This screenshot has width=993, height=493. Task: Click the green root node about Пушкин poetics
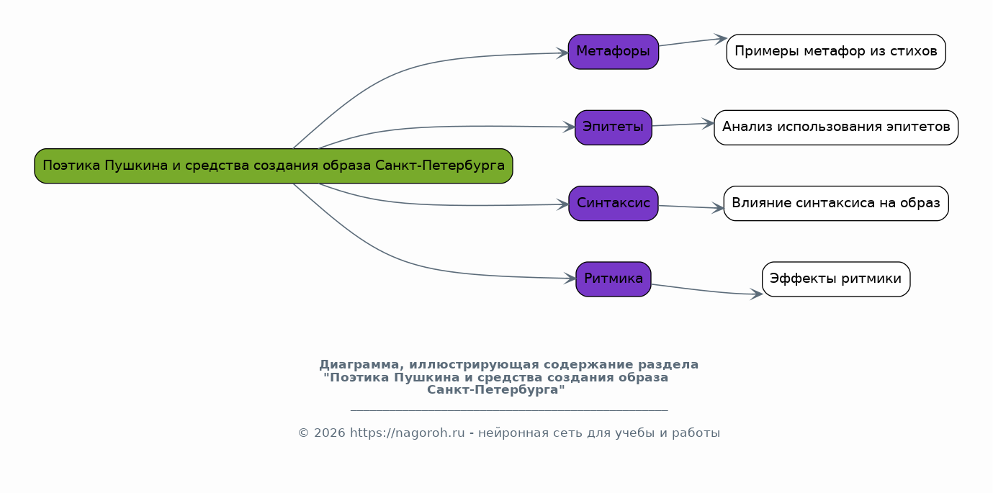(273, 166)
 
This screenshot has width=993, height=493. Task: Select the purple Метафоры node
(613, 52)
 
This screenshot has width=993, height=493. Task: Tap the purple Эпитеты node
(613, 127)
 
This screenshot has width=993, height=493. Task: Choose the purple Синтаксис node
(613, 204)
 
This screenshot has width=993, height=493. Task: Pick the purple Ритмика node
(613, 279)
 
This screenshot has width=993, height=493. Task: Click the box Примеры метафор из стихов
(835, 52)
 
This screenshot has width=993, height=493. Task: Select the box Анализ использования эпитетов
(835, 127)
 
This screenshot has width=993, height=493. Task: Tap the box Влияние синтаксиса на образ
(835, 204)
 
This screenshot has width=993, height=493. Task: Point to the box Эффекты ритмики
(835, 279)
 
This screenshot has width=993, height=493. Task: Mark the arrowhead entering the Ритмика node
(570, 279)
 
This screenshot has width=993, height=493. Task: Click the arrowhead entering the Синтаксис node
(563, 204)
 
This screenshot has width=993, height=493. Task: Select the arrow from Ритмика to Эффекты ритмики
(706, 291)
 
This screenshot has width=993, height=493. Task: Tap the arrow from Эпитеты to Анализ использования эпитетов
(682, 125)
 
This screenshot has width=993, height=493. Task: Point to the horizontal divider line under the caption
(508, 410)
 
